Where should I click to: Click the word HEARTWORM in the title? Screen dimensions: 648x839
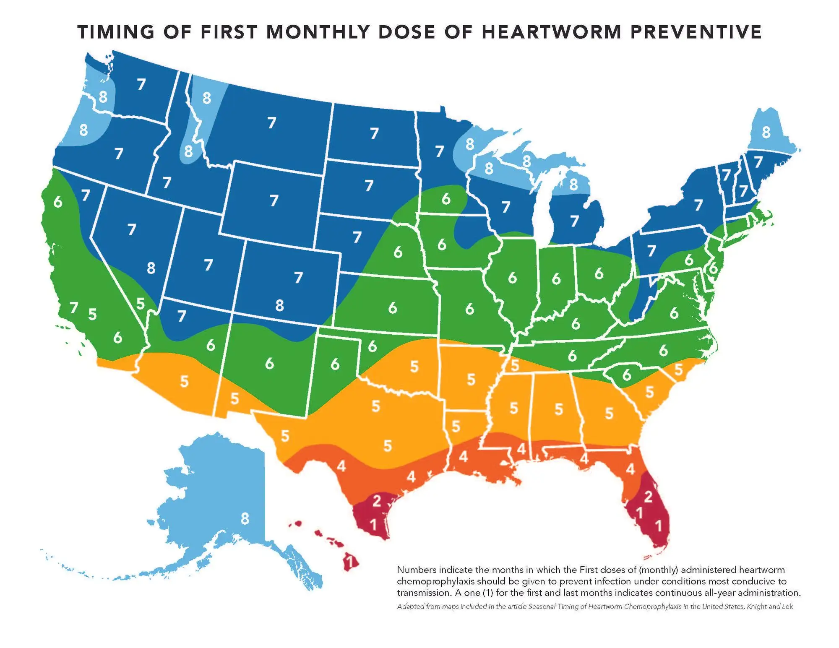click(551, 32)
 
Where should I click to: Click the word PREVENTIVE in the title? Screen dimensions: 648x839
click(696, 32)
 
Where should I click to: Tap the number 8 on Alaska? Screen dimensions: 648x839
click(245, 519)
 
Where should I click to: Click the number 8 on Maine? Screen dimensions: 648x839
click(766, 133)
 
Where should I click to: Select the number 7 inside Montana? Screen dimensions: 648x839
click(272, 123)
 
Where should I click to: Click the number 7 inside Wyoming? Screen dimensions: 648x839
click(274, 200)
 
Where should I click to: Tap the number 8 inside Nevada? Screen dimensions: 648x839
click(151, 268)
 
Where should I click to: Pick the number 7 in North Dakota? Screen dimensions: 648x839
click(374, 133)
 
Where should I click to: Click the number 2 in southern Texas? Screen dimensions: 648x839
click(376, 500)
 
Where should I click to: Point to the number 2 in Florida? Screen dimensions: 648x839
click(648, 497)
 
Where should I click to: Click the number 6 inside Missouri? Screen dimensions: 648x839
click(470, 309)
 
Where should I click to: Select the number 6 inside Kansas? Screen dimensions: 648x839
click(393, 308)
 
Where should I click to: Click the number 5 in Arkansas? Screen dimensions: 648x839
click(471, 380)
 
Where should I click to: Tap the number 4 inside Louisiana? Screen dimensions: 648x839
click(463, 456)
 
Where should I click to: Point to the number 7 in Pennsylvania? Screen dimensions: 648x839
click(651, 251)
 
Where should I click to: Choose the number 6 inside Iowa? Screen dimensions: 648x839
click(442, 245)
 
